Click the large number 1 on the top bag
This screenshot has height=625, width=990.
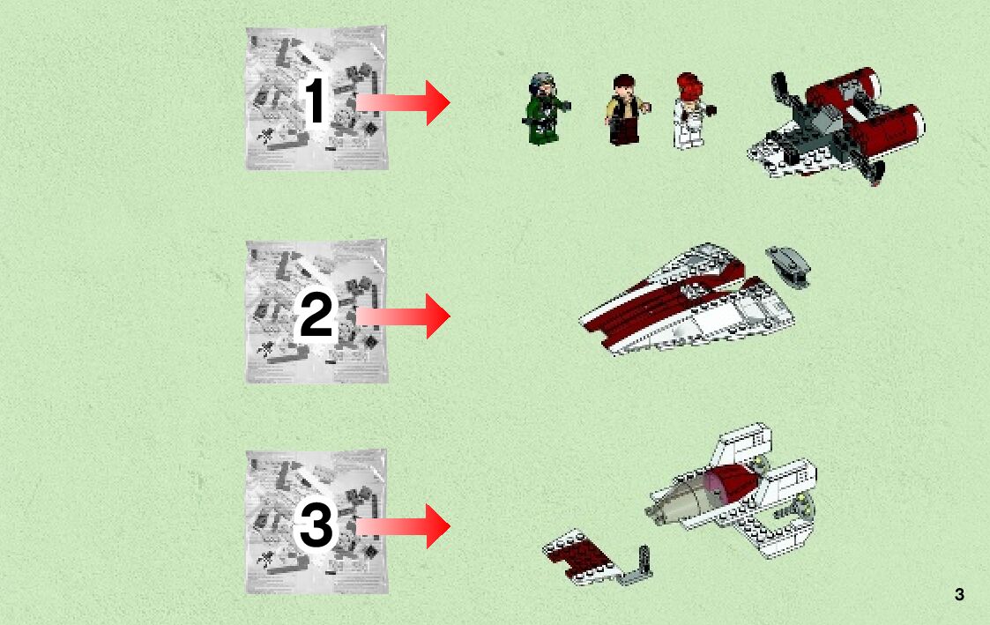315,101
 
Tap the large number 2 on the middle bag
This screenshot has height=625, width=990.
316,315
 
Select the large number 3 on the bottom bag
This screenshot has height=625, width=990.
316,526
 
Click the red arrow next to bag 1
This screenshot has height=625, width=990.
403,102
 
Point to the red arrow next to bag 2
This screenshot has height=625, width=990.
403,315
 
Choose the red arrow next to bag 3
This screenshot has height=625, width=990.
403,526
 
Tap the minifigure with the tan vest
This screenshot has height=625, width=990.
626,110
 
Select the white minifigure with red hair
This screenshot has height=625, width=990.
692,111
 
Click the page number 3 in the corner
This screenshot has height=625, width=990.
959,594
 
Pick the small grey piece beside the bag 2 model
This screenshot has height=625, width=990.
788,266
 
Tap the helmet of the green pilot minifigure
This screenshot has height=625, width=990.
541,83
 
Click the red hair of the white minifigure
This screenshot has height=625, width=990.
690,86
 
